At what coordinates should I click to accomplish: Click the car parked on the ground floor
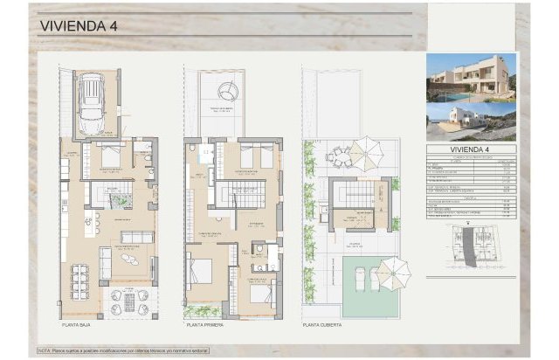[x=91, y=103]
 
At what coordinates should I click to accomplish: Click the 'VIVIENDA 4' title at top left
[x=79, y=25]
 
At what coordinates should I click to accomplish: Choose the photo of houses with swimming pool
[x=471, y=76]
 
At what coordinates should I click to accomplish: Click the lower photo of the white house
[x=471, y=121]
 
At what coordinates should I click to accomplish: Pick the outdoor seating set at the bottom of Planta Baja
[x=130, y=301]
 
